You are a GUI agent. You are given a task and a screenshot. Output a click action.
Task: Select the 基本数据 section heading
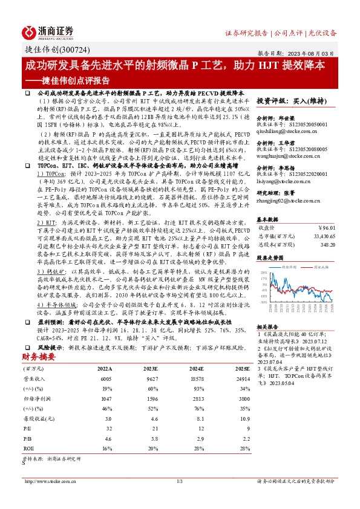tap(269, 219)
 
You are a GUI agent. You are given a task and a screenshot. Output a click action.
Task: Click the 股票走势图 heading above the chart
tap(271, 256)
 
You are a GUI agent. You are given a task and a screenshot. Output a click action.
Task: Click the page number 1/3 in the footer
tap(180, 481)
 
